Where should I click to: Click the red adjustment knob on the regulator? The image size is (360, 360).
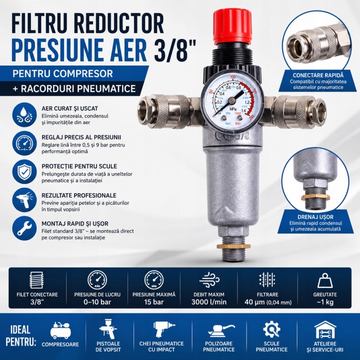click(232, 26)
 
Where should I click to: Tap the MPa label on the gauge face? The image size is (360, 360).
click(233, 108)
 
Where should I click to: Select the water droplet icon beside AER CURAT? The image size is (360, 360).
click(24, 114)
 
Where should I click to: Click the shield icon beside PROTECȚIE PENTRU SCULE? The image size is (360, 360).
click(24, 171)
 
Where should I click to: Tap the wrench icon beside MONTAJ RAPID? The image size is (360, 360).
click(24, 228)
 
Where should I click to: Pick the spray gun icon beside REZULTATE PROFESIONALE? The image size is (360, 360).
click(24, 200)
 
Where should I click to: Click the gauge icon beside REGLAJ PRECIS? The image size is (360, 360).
click(24, 143)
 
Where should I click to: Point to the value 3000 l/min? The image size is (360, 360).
click(209, 302)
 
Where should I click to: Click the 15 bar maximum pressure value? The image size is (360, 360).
click(154, 302)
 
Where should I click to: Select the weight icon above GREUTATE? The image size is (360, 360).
click(325, 280)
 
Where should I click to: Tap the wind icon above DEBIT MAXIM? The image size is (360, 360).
click(209, 280)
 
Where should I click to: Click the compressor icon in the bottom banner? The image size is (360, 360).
click(60, 330)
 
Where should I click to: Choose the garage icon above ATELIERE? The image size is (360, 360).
click(325, 330)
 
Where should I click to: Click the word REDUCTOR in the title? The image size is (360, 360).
click(118, 24)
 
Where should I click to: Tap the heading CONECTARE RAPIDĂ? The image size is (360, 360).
click(318, 75)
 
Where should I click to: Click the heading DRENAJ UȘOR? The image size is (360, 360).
click(315, 217)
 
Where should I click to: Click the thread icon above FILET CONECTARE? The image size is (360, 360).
click(36, 280)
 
